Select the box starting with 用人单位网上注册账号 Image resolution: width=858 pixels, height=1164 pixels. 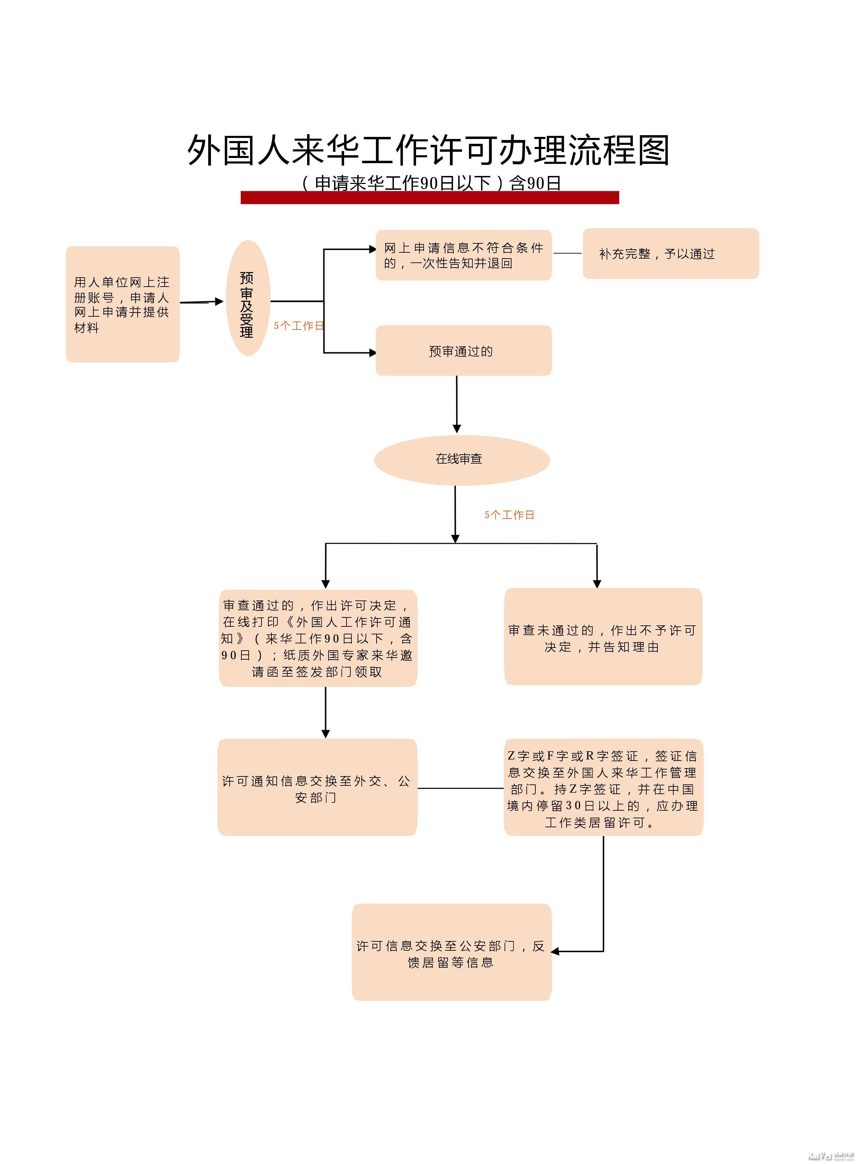(x=122, y=304)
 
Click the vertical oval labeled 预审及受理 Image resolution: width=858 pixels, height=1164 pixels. (x=248, y=298)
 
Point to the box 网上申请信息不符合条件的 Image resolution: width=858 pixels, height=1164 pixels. (x=464, y=255)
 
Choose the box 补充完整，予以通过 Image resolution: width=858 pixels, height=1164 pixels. (x=671, y=253)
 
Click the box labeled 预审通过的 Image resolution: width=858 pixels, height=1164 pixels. (x=464, y=351)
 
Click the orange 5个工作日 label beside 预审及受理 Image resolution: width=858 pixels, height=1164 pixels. (x=299, y=326)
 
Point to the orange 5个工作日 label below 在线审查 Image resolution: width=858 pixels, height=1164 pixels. (x=509, y=514)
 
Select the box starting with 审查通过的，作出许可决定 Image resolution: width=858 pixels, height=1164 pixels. (x=318, y=638)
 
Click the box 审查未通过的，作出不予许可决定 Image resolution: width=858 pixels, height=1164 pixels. (x=603, y=636)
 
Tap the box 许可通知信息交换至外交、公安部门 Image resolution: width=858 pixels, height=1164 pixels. (x=317, y=787)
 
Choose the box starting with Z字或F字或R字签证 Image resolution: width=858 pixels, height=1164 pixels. (x=603, y=787)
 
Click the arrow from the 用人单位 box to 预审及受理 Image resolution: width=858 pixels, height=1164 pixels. (x=202, y=302)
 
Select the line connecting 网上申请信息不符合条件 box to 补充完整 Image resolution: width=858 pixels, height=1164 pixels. (x=568, y=253)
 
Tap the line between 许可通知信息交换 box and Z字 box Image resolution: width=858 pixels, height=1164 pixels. (x=461, y=788)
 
